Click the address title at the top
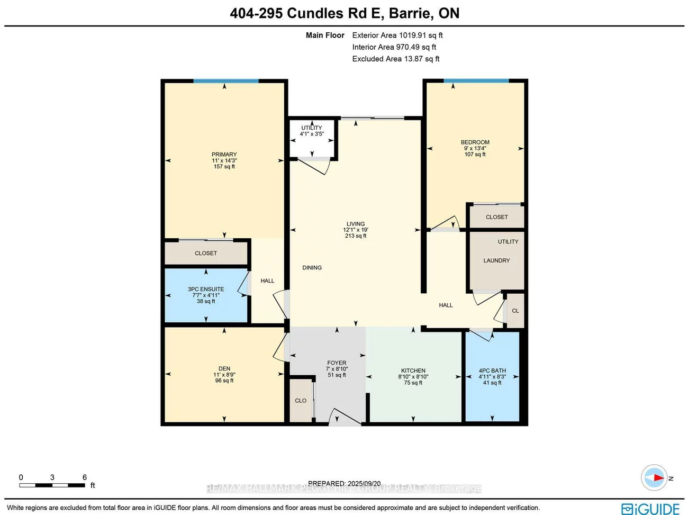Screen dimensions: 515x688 (x=344, y=13)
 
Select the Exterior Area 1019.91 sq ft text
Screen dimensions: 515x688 (x=397, y=35)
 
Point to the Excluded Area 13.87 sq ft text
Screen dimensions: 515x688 (x=395, y=59)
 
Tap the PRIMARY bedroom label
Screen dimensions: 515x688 (x=224, y=155)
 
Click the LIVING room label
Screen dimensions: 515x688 (x=356, y=224)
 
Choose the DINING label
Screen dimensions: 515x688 (x=312, y=268)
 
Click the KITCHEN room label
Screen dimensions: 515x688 (x=413, y=371)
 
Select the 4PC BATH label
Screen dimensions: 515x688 (x=492, y=371)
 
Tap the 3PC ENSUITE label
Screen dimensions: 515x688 (x=206, y=290)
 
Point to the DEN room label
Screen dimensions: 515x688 (x=224, y=369)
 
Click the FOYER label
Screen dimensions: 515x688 (x=337, y=363)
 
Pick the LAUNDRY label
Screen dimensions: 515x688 (x=496, y=260)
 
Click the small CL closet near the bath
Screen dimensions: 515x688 (x=515, y=311)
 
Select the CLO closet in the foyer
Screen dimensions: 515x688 (x=301, y=401)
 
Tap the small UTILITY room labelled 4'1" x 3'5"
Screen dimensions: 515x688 (x=312, y=131)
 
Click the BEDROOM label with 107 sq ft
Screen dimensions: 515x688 (x=475, y=142)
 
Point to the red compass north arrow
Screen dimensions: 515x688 (x=657, y=477)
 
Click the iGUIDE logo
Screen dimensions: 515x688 (x=650, y=509)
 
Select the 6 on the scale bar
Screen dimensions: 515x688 (x=85, y=477)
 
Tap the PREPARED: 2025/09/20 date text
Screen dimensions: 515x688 (x=344, y=483)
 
